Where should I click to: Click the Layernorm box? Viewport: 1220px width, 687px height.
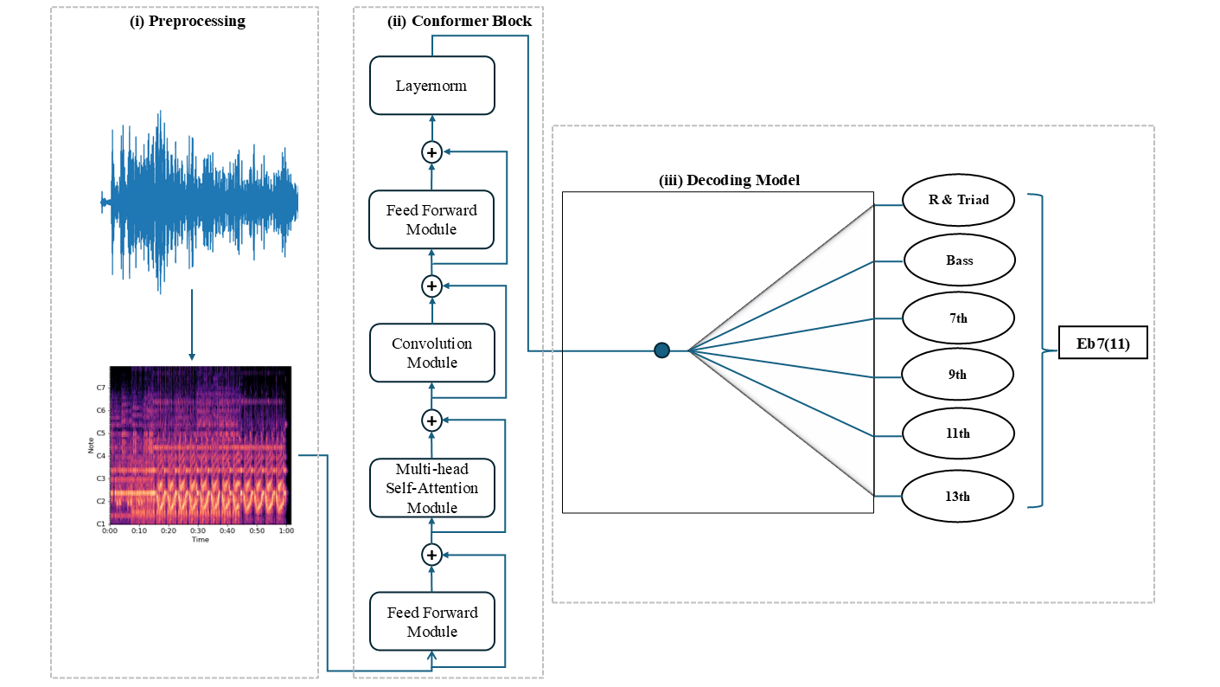432,86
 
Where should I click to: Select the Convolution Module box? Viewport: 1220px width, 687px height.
432,353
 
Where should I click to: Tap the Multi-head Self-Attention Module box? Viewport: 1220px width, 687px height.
432,488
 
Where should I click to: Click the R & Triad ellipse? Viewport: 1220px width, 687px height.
959,200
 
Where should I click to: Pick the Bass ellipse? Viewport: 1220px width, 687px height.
959,260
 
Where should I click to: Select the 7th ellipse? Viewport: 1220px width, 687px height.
958,318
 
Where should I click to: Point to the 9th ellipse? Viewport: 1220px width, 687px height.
957,375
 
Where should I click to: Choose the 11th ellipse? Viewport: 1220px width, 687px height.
958,433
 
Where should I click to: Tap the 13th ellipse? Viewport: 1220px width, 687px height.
957,496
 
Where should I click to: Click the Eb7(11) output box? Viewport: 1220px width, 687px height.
1103,343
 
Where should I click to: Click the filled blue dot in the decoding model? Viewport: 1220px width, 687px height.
661,350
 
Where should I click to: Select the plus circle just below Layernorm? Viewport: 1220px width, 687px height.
432,152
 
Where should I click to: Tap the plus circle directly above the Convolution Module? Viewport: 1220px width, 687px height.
432,286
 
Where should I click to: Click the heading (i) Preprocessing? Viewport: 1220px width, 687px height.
188,22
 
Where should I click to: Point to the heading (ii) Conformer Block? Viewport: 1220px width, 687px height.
460,22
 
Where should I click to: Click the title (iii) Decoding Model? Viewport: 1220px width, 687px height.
729,181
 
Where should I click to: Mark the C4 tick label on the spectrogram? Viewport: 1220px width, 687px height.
101,456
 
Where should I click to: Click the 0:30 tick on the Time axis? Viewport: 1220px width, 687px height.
198,530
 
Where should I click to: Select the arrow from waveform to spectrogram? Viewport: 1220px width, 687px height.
192,325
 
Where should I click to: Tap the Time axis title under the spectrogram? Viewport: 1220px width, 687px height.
200,539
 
